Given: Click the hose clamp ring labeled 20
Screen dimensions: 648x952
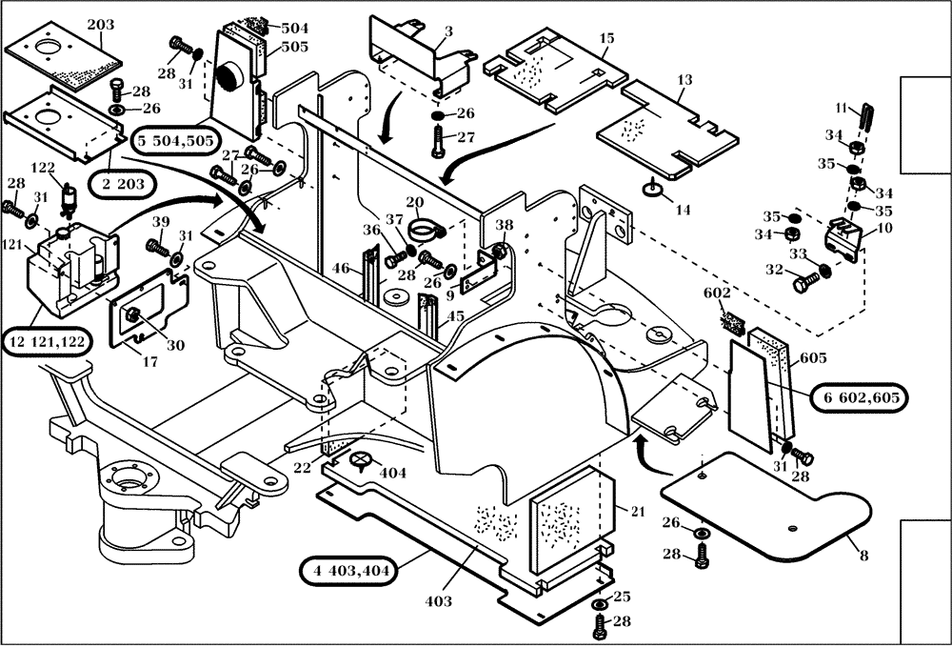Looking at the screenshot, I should click(x=426, y=232).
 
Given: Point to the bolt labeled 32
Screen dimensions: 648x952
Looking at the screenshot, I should click(x=806, y=281).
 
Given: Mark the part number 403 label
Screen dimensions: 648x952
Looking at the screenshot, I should click(x=439, y=601).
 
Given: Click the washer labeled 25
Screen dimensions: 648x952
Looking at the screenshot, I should click(x=600, y=605).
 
